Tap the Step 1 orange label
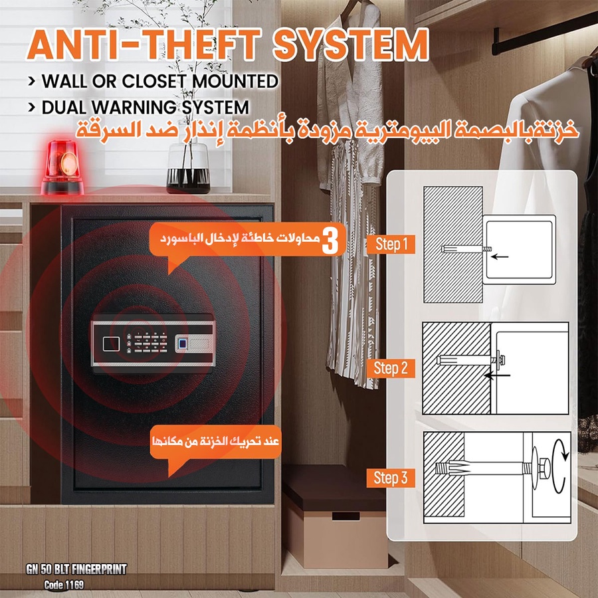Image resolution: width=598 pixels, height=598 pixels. click(391, 244)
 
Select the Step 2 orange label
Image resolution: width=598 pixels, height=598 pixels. click(391, 368)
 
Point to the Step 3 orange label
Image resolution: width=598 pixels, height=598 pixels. click(391, 478)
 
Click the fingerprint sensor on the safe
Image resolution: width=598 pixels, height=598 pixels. click(182, 344)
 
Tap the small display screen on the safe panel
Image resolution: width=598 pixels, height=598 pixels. click(112, 344)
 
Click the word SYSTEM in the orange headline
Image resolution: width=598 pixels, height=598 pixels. click(351, 45)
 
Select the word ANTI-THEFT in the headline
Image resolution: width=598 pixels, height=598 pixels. click(144, 45)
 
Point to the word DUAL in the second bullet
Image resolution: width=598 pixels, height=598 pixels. click(64, 107)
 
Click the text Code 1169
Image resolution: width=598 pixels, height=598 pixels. click(64, 585)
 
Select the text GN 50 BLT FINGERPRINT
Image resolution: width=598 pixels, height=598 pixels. click(76, 569)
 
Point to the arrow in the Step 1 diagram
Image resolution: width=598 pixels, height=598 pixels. click(500, 256)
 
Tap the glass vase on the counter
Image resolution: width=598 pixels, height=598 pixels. click(188, 168)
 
